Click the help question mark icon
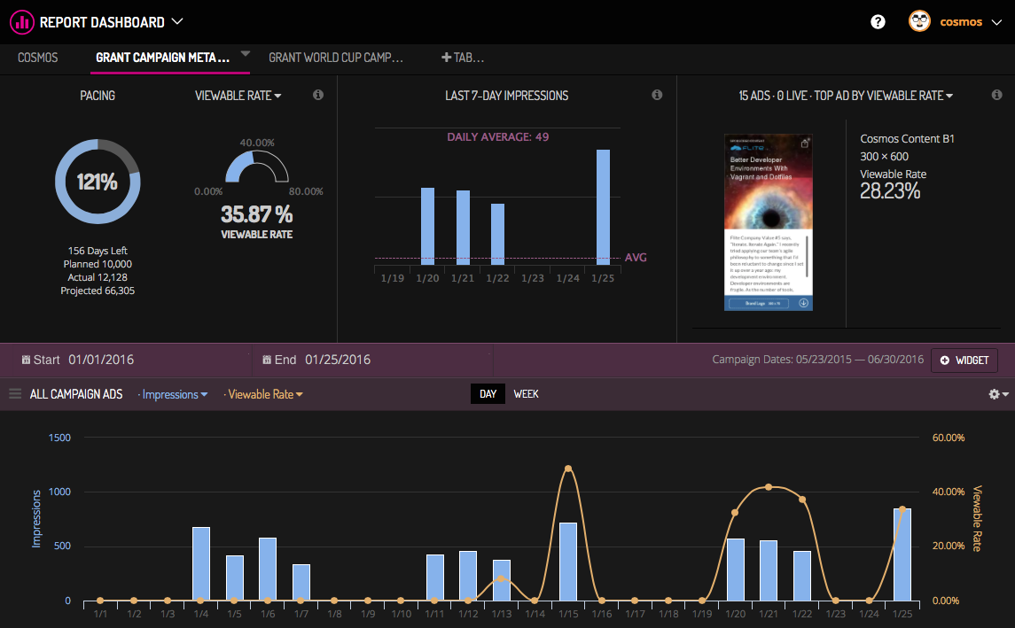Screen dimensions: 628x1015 click(878, 22)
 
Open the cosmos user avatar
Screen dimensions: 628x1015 click(919, 21)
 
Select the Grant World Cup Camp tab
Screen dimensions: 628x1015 click(335, 58)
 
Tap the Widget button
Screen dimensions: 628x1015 click(964, 361)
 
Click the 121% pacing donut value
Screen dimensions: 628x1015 click(97, 182)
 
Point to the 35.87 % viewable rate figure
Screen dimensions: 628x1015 click(256, 214)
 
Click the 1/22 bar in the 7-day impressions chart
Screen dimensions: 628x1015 click(497, 234)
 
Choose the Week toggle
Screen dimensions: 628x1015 click(526, 394)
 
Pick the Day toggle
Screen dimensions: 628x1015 click(488, 394)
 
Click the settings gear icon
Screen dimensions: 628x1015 click(994, 394)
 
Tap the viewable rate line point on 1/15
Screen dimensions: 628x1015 click(568, 469)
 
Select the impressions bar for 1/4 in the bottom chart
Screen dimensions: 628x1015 click(201, 563)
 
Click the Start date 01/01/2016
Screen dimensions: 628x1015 click(100, 360)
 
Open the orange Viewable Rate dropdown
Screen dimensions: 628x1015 click(265, 394)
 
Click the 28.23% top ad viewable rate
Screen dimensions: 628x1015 click(890, 191)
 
